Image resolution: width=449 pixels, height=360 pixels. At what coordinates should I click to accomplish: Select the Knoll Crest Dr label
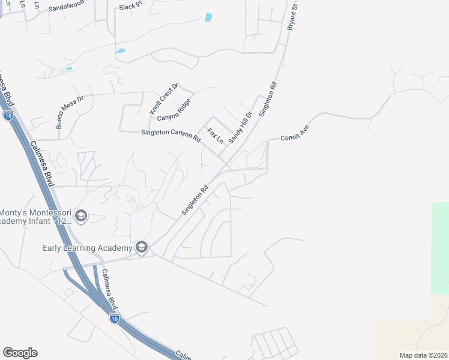coord(164,99)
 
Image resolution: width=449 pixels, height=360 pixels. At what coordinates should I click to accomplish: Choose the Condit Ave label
coord(294,133)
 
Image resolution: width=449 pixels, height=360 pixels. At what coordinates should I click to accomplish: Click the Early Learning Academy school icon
coord(142,247)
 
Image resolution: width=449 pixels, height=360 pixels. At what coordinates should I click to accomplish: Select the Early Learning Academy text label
coord(87,248)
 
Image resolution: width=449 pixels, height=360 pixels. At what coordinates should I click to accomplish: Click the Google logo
coord(20,353)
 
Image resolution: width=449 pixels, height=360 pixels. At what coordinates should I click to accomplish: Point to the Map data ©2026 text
coord(423,355)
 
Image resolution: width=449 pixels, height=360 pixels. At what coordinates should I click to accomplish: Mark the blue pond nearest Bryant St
coord(208,17)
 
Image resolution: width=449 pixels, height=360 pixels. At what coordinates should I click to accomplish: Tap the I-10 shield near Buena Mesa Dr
coord(8,116)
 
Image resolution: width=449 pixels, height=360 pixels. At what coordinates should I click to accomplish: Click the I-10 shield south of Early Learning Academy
coord(114,318)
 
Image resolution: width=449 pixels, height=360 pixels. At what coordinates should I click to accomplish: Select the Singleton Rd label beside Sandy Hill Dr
coord(267,99)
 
